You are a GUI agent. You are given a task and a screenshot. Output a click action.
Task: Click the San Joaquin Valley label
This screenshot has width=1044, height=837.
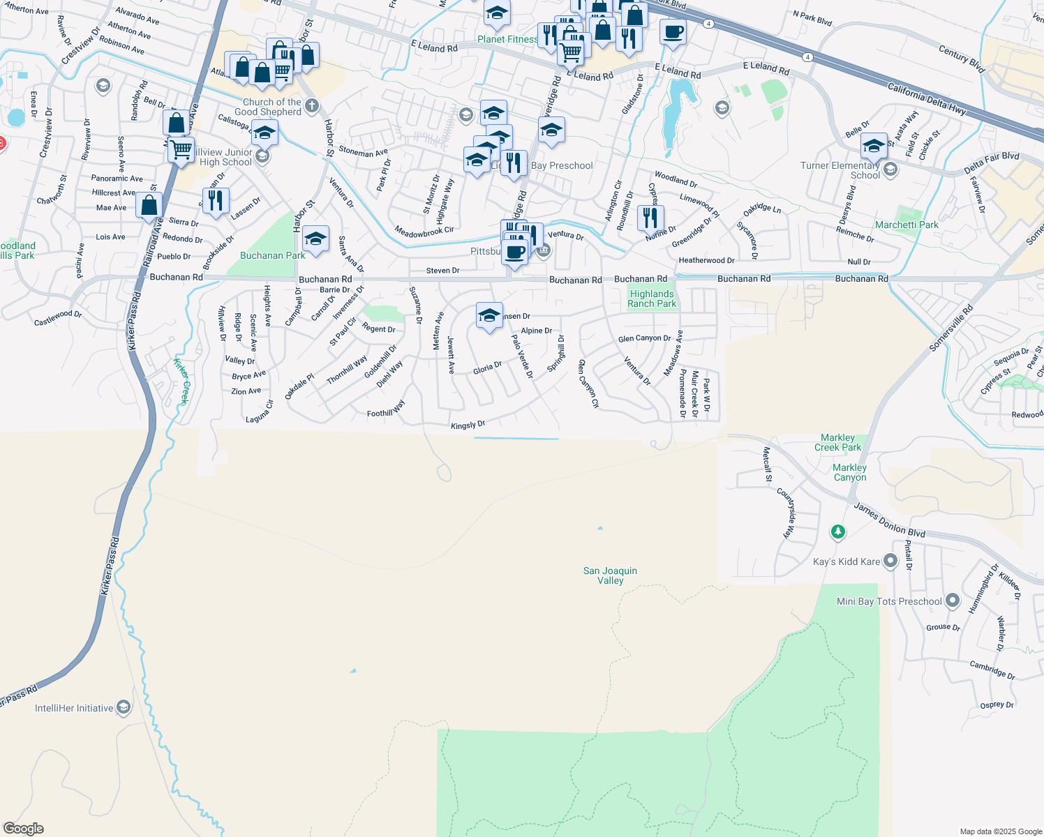pos(610,575)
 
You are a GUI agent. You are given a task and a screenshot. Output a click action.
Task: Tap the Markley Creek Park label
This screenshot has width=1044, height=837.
pos(837,442)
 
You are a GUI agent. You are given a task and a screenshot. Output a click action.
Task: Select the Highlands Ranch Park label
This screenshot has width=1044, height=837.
pos(652,299)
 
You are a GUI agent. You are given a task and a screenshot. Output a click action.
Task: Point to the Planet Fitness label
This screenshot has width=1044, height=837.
pos(507,39)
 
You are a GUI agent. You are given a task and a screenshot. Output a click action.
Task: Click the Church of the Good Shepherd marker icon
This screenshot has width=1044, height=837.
pos(312,106)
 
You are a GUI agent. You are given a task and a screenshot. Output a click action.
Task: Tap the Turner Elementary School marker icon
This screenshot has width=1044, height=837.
pos(890,169)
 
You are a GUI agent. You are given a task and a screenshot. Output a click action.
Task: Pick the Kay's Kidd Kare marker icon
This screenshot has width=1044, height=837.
pos(890,561)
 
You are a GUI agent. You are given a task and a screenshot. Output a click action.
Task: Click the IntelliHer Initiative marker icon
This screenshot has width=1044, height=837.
pos(124,707)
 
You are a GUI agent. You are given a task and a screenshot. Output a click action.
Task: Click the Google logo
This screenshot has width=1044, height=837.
pos(24,829)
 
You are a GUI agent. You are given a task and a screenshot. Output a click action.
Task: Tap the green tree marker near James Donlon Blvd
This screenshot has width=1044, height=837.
pos(838,532)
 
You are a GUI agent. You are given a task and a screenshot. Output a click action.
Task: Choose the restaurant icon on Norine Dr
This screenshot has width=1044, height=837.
pos(650,217)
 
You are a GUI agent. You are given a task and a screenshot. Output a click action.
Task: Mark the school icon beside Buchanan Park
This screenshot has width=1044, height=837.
pos(315,238)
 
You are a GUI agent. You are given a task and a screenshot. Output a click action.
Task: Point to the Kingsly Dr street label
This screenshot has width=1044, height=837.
pos(468,425)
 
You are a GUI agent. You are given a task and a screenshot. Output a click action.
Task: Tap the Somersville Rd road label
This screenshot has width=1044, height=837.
pos(951,328)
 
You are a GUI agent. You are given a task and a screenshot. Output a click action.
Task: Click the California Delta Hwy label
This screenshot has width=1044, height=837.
pos(927,98)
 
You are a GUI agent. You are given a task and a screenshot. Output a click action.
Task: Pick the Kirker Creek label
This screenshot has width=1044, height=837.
pos(182,381)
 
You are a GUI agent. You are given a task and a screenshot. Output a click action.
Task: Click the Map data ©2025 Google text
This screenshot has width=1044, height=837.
pos(1001,831)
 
